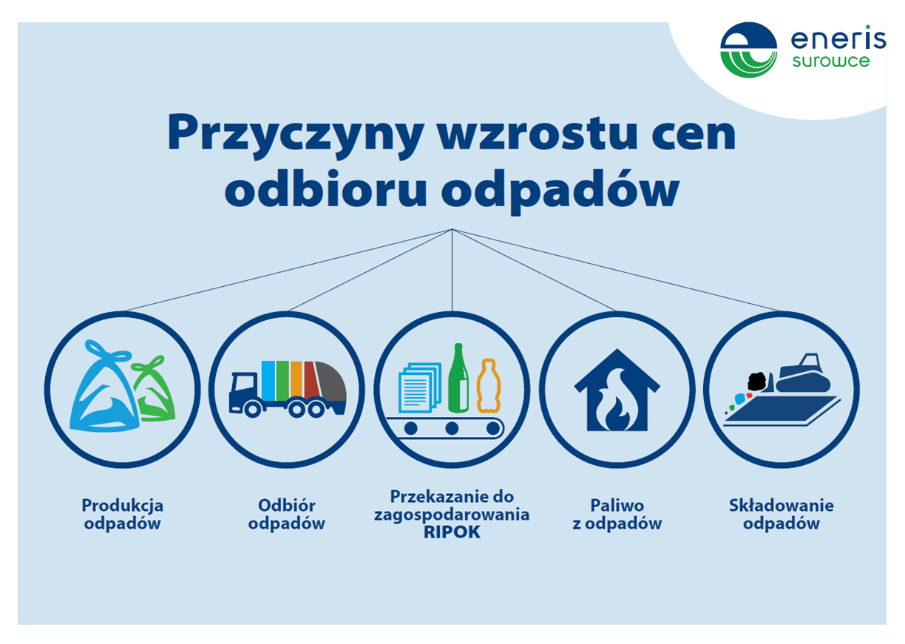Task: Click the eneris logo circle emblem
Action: pos(749,50)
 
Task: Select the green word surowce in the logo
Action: pos(831,61)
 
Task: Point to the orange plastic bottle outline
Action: pos(489,386)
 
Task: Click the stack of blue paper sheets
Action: pos(420,387)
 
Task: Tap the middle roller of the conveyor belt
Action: pos(452,428)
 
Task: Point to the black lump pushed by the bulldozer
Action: pos(757,382)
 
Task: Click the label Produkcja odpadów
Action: pos(123,515)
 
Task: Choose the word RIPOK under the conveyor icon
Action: pos(452,532)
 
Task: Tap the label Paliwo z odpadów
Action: pos(617,515)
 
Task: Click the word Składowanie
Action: pos(782,506)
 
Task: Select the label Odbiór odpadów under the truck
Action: pos(286,515)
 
